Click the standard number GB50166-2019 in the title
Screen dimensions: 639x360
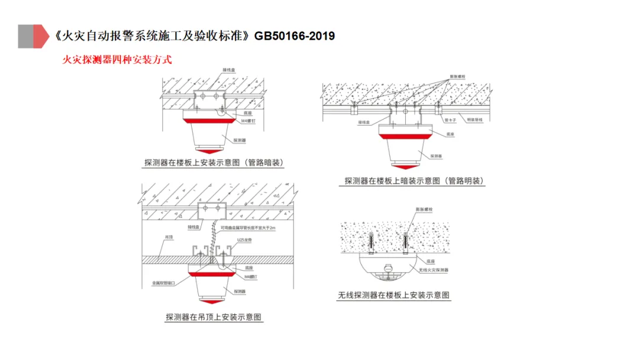pyautogui.click(x=294, y=36)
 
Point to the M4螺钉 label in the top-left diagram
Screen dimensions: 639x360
pyautogui.click(x=247, y=120)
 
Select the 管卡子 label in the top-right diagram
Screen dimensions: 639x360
pyautogui.click(x=449, y=120)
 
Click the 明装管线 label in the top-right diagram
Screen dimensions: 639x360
pyautogui.click(x=475, y=120)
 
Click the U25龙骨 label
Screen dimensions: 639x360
pyautogui.click(x=244, y=240)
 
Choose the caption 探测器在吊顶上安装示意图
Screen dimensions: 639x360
pyautogui.click(x=214, y=317)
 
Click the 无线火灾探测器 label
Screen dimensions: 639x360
pyautogui.click(x=433, y=270)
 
